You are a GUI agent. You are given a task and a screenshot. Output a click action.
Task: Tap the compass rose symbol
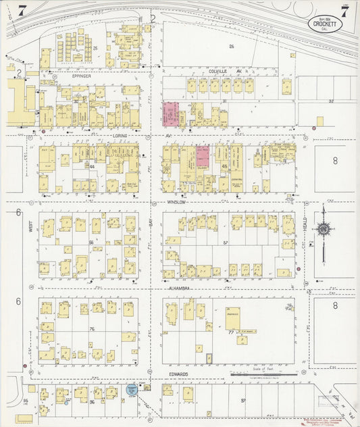(x=324, y=231)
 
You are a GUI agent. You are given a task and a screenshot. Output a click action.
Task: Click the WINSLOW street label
(x=178, y=201)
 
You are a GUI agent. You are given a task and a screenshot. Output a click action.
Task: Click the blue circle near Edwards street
(x=132, y=389)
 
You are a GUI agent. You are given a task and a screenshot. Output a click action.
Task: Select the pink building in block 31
(x=170, y=114)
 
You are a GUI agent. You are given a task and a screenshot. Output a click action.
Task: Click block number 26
(x=231, y=46)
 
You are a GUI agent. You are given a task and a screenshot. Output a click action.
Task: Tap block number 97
(x=243, y=401)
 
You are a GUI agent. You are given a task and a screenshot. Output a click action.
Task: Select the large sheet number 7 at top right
(x=344, y=11)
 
